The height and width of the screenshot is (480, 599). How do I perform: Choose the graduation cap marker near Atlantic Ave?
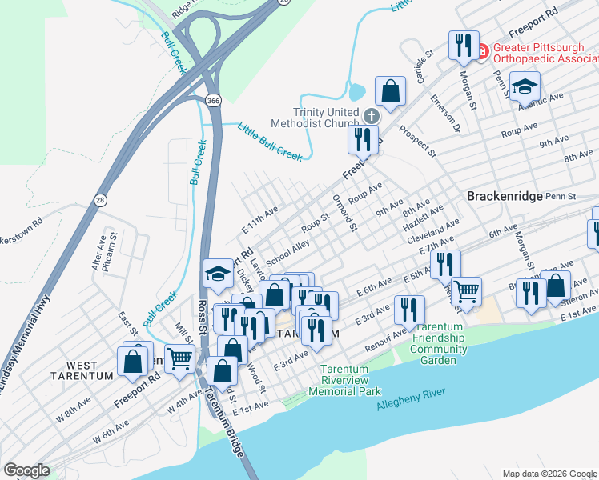[525, 86]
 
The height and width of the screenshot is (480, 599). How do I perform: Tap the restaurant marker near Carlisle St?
[463, 46]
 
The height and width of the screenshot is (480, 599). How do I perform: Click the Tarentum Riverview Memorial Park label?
[349, 381]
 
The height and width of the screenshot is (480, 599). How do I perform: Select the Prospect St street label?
[418, 141]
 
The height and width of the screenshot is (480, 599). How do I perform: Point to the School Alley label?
[287, 252]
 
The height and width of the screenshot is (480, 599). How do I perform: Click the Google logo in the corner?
[26, 470]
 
